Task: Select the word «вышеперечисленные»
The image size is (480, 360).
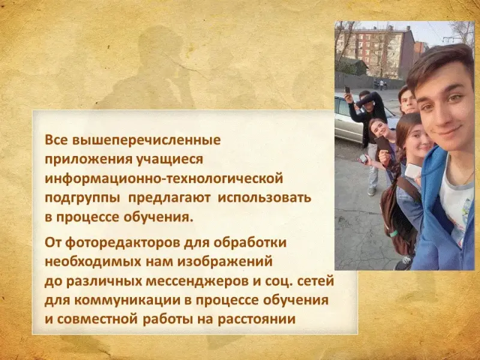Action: pyautogui.click(x=146, y=140)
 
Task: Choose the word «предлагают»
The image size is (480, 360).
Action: pyautogui.click(x=169, y=198)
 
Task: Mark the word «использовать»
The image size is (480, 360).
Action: pyautogui.click(x=264, y=198)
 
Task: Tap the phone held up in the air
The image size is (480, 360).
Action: pyautogui.click(x=347, y=91)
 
